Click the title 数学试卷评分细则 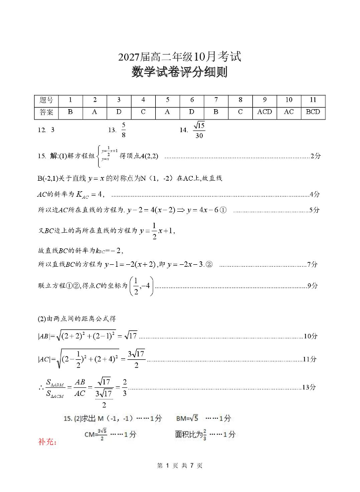[x=180, y=72]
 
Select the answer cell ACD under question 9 [x=264, y=112]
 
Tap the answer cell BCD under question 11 [x=313, y=112]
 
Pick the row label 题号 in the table [x=46, y=100]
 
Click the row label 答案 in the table [x=46, y=112]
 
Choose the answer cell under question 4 [x=143, y=112]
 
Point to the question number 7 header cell [x=216, y=100]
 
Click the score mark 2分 [x=315, y=156]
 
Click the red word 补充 [x=48, y=442]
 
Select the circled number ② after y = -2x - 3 [x=209, y=264]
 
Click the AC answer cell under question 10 [x=289, y=112]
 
